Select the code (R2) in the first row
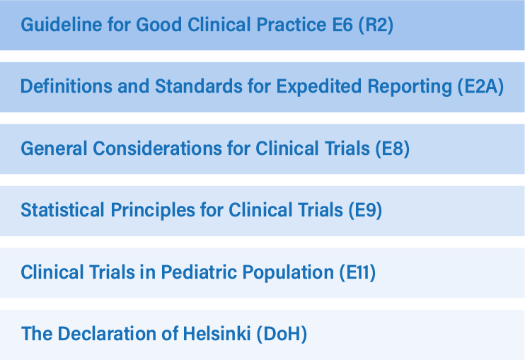[376, 25]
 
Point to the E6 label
[342, 25]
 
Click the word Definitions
[67, 86]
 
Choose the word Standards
[199, 86]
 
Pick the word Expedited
[318, 87]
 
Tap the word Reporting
[410, 87]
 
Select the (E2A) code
[480, 87]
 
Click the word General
[54, 149]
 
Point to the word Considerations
[157, 149]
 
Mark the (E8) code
[392, 149]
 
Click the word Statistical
[62, 210]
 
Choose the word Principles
[153, 211]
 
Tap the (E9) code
[365, 211]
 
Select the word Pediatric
[199, 272]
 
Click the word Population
[288, 273]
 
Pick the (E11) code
[357, 272]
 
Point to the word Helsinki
[217, 334]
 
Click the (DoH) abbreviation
[282, 335]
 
